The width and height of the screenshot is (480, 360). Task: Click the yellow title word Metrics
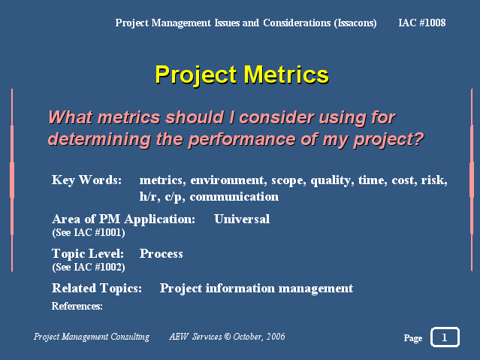[286, 74]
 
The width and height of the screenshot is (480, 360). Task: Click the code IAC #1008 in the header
[422, 23]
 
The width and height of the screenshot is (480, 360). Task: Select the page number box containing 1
[445, 337]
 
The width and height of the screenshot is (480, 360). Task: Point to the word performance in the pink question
[242, 139]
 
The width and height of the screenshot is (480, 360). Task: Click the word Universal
[242, 219]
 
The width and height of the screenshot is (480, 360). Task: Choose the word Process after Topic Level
[161, 253]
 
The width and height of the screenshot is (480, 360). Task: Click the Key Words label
[86, 180]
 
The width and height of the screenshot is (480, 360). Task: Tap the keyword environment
[227, 180]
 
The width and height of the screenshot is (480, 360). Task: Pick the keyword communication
[234, 196]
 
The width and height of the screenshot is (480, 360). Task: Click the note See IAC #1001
[89, 232]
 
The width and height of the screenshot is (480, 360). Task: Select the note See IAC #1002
[89, 267]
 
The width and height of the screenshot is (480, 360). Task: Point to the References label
[77, 306]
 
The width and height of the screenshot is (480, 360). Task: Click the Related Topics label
[97, 288]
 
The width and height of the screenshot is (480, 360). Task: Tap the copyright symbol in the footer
[227, 337]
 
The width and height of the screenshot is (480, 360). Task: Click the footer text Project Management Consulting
[92, 337]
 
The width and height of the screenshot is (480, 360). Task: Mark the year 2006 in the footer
[276, 337]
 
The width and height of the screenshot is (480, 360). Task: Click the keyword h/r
[149, 196]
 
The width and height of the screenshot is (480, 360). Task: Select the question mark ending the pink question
[418, 138]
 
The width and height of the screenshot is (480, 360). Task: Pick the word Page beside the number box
[413, 338]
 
